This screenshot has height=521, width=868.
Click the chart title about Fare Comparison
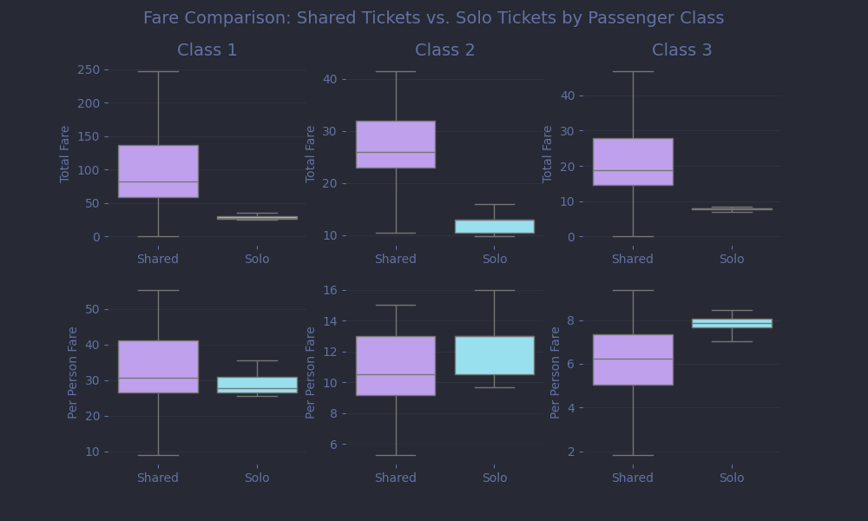(433, 18)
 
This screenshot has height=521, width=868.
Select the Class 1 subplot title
(207, 50)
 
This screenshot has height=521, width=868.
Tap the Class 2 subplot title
(444, 50)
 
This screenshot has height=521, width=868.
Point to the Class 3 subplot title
(681, 50)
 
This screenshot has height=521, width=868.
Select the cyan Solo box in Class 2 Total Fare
(494, 226)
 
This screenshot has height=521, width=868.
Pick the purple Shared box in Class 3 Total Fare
(632, 162)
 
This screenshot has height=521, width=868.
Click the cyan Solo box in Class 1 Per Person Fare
(257, 385)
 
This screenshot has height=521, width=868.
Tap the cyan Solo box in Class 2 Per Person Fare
(494, 355)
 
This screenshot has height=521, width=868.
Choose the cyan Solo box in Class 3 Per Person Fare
(731, 323)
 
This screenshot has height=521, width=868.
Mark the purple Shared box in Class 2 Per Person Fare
(395, 366)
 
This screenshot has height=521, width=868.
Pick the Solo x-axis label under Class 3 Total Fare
(731, 259)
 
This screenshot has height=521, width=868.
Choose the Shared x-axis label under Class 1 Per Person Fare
(158, 478)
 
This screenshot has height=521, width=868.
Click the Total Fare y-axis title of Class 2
(311, 154)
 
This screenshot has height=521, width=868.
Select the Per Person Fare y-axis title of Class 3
(556, 373)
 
